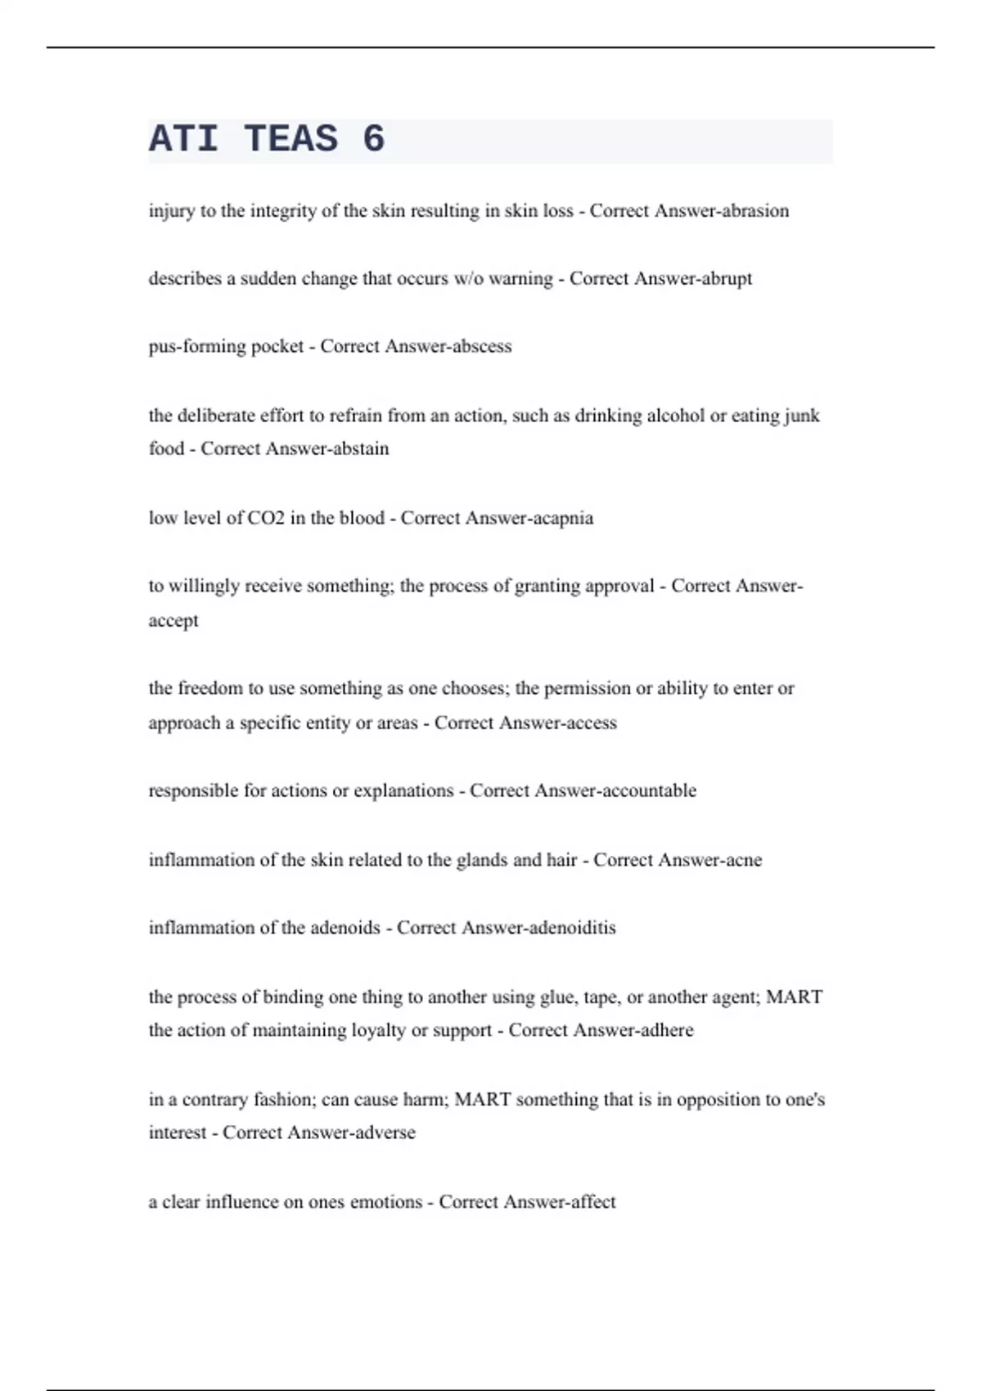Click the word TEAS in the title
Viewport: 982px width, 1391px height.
click(x=291, y=139)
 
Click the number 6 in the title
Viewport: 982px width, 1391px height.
click(x=373, y=139)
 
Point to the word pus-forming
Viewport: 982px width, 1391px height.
click(x=197, y=347)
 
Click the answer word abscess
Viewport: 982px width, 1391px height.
click(x=482, y=347)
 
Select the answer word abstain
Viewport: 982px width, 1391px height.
click(x=362, y=449)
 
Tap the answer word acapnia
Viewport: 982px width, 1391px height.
click(x=562, y=518)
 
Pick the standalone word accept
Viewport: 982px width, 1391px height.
click(x=173, y=621)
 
